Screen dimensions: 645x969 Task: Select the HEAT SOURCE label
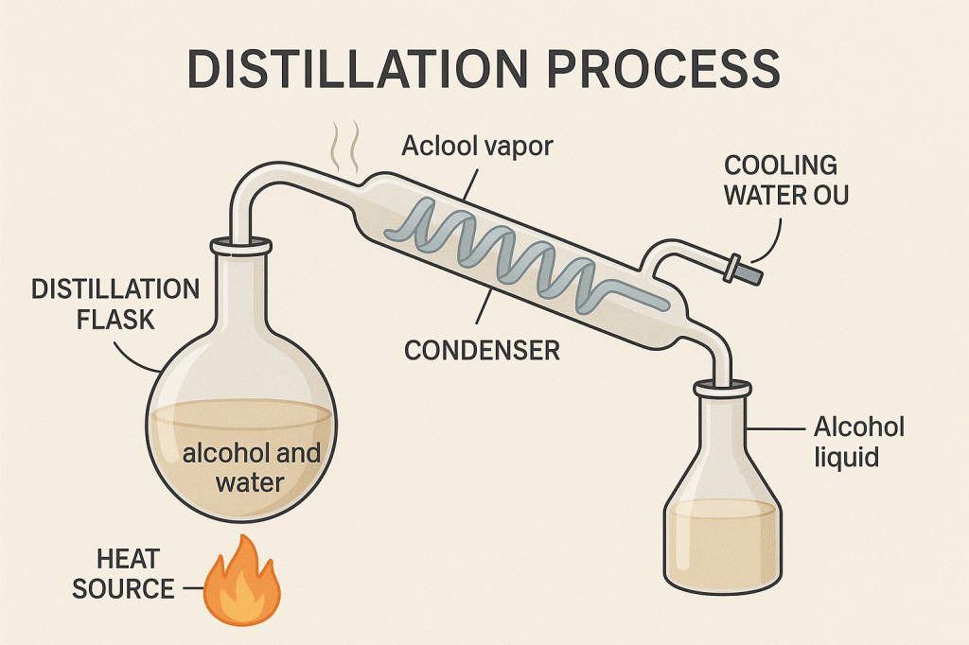pyautogui.click(x=123, y=573)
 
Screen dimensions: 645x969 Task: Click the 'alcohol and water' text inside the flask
pyautogui.click(x=251, y=467)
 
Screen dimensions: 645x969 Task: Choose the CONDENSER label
pyautogui.click(x=482, y=350)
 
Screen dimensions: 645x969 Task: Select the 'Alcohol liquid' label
pyautogui.click(x=859, y=442)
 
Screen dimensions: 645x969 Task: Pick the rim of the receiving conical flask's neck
pyautogui.click(x=723, y=388)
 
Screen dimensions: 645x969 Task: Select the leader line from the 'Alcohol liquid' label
pyautogui.click(x=780, y=428)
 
